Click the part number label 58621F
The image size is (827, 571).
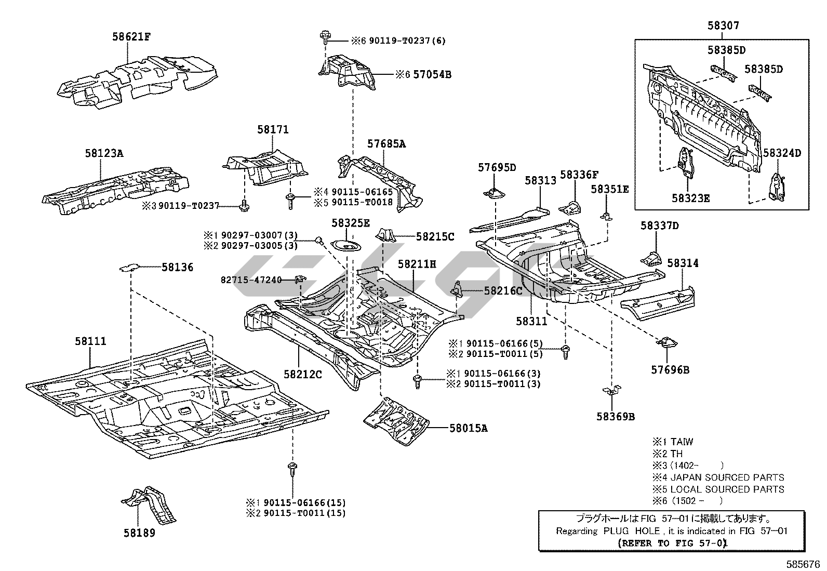tap(131, 37)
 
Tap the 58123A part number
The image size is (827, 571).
tap(104, 153)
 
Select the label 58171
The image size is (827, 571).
tap(273, 129)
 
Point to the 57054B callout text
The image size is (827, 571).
tap(432, 75)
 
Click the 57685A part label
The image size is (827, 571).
tap(386, 144)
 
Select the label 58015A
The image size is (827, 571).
tap(469, 428)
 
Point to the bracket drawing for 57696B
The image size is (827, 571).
tap(667, 342)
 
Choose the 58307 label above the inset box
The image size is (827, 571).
tap(723, 25)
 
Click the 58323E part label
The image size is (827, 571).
tap(690, 198)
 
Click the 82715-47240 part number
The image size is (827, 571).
tap(251, 280)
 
